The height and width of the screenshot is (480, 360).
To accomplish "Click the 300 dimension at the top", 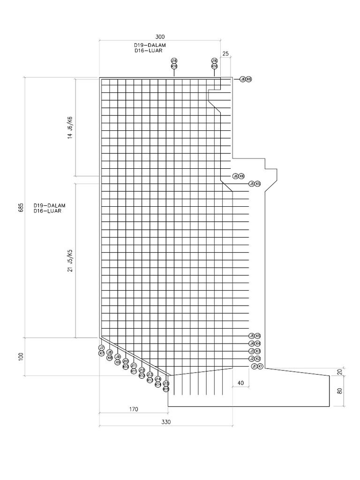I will (x=160, y=37).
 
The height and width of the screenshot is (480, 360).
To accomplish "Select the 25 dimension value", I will (x=225, y=54).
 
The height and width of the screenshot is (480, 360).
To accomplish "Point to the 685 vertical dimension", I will (x=21, y=207).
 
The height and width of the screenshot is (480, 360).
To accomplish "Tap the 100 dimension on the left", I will (x=21, y=356).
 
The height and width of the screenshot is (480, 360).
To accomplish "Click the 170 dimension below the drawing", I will (x=133, y=409).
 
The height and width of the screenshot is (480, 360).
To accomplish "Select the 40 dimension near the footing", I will (x=240, y=383).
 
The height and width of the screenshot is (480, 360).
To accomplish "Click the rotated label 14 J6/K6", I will (x=70, y=127).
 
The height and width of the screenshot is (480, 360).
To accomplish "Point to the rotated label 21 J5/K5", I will (x=70, y=260).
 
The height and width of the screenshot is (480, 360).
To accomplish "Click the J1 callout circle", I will (x=254, y=366).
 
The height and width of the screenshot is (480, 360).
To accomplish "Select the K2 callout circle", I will (x=258, y=359).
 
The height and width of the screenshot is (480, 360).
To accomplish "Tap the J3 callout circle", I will (x=252, y=351).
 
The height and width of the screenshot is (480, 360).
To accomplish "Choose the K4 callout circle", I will (x=258, y=344).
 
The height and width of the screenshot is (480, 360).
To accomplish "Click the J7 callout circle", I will (x=101, y=348).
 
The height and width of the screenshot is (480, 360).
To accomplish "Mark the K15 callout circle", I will (x=166, y=389).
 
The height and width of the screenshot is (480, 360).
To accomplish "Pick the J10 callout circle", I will (x=126, y=361).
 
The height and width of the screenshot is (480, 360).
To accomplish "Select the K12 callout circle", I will (x=142, y=375).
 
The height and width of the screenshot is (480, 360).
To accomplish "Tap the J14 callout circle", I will (x=158, y=379).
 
